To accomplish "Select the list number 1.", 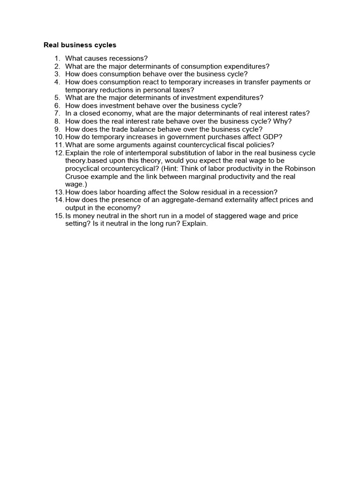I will point(57,59).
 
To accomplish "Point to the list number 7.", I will point(57,113).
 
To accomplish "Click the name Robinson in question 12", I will point(300,169).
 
